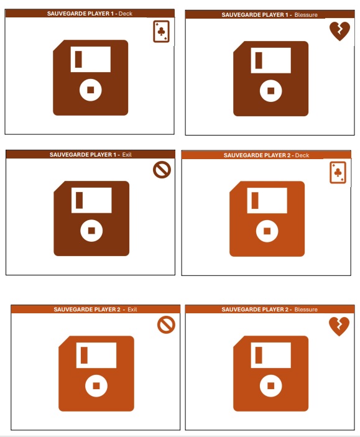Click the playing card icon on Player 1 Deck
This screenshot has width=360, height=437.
click(x=161, y=32)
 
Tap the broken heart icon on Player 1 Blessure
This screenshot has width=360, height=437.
click(x=339, y=31)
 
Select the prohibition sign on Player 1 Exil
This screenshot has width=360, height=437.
click(x=162, y=170)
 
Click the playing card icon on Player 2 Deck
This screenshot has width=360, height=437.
click(x=338, y=173)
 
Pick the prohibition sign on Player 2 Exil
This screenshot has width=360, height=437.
click(x=166, y=324)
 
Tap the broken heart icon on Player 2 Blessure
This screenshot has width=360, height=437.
click(x=339, y=326)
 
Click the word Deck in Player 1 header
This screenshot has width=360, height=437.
click(x=126, y=14)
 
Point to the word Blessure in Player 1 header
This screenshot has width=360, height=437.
click(x=306, y=15)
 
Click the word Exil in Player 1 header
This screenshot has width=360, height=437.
click(x=127, y=154)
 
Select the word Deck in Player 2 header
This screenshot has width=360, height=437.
click(x=302, y=155)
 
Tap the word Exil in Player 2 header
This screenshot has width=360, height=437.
click(x=132, y=310)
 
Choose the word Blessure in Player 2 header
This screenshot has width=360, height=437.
click(x=306, y=310)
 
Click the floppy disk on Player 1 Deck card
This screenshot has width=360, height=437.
click(x=91, y=78)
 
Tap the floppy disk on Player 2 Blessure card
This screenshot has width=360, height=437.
click(x=270, y=374)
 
